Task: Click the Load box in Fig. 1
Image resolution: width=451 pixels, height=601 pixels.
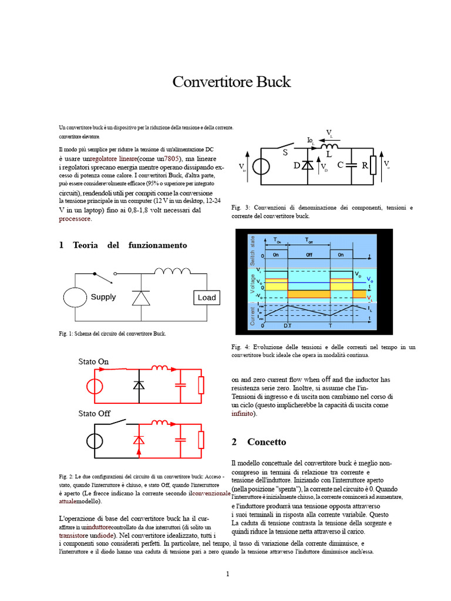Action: [x=207, y=298]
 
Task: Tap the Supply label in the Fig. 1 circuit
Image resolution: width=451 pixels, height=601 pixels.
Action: [x=103, y=297]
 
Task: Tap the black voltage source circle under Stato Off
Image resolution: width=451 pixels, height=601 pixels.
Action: [x=92, y=440]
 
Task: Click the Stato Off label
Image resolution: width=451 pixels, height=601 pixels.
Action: [x=94, y=413]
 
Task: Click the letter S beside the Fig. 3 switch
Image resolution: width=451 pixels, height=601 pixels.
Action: [x=285, y=153]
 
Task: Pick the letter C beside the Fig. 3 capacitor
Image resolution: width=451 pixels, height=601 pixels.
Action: [x=340, y=166]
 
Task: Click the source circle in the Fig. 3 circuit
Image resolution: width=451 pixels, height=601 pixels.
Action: [x=261, y=166]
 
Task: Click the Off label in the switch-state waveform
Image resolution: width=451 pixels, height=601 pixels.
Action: [x=309, y=255]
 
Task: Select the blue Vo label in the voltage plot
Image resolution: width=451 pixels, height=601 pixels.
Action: [x=368, y=279]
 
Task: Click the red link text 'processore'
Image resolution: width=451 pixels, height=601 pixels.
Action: [x=75, y=219]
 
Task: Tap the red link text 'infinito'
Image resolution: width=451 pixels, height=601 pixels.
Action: [x=243, y=413]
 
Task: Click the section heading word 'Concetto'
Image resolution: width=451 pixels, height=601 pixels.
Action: [x=267, y=442]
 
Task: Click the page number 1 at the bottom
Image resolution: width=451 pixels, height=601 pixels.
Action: [x=227, y=573]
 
